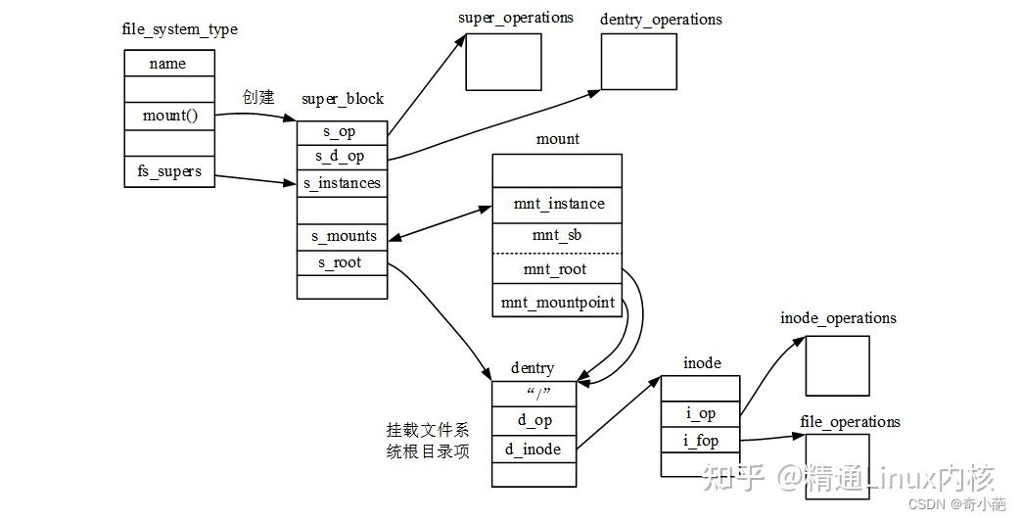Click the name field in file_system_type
(x=168, y=64)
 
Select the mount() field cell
(x=168, y=116)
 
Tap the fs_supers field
(x=168, y=171)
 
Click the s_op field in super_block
(x=341, y=132)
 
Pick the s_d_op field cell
(x=341, y=157)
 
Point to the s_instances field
(x=341, y=183)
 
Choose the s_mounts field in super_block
(x=341, y=237)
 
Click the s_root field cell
(x=341, y=262)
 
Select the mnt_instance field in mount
(x=558, y=204)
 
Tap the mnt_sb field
(x=558, y=236)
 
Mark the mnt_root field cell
(x=558, y=269)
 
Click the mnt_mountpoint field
(x=558, y=302)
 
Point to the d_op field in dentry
(x=534, y=420)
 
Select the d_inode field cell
(x=534, y=449)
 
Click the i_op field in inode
(x=700, y=414)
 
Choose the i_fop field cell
(x=700, y=441)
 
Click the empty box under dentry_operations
(x=638, y=61)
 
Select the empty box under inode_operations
(x=837, y=365)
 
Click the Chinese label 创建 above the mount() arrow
(x=258, y=98)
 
